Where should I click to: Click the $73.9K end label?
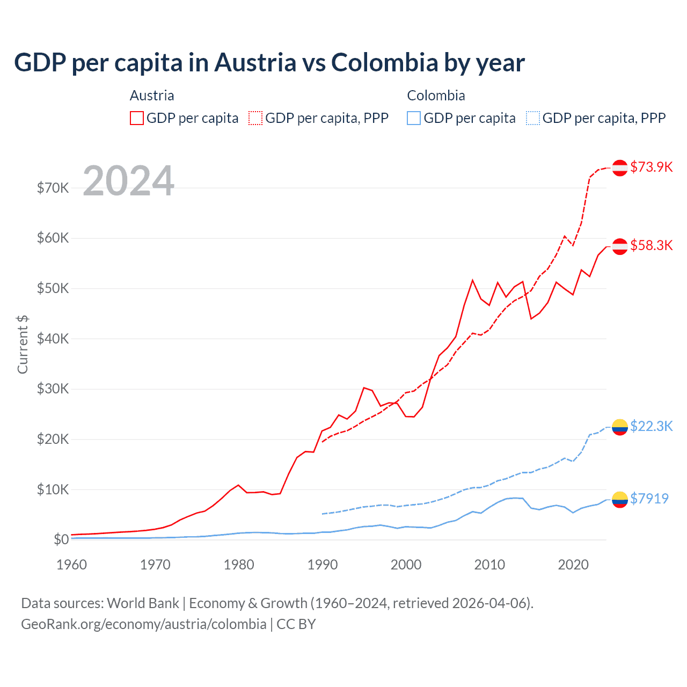coord(651,167)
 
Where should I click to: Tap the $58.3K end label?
coord(651,245)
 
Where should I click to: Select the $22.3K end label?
coord(651,426)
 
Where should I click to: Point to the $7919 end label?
coord(649,499)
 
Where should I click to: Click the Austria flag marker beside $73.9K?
coord(620,167)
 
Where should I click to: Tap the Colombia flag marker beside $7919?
coord(620,500)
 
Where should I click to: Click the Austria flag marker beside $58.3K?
coord(620,246)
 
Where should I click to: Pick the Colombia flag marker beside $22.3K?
coord(620,427)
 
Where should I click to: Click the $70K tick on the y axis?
coord(53,188)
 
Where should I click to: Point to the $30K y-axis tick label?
coord(53,389)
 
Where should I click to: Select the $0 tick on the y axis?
coord(61,539)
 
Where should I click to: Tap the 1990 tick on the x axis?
coord(323,565)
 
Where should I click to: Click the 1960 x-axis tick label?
coord(72,565)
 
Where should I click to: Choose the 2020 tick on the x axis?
coord(573,565)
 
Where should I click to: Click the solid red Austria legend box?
coord(137,118)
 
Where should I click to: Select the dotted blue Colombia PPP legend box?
coord(533,118)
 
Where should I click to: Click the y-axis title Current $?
coord(23,345)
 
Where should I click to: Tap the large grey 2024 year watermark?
coord(128,181)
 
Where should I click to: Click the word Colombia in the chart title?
coord(384,62)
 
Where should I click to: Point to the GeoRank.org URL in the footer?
coord(144,624)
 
